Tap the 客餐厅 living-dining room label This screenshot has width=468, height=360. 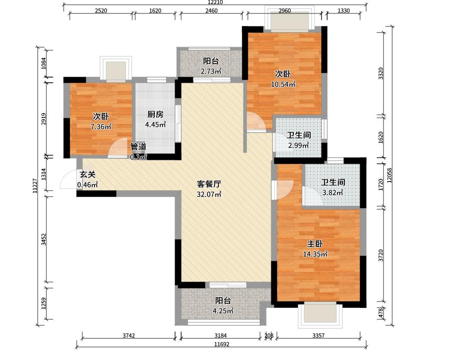click(209, 184)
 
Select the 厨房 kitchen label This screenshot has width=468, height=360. click(155, 114)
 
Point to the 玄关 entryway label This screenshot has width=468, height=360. click(87, 175)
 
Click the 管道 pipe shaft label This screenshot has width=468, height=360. click(139, 146)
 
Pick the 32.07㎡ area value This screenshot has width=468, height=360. click(209, 195)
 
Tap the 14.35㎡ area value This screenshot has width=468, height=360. click(315, 254)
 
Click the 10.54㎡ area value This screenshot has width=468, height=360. click(283, 84)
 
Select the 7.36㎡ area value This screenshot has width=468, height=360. click(101, 127)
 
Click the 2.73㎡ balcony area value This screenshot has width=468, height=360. click(211, 71)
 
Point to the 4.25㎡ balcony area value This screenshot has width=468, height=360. click(223, 311)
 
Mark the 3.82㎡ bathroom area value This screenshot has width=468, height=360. click(332, 193)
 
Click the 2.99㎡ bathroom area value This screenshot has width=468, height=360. click(299, 145)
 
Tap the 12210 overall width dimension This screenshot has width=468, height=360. click(215, 3)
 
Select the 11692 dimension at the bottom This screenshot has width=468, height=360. click(221, 344)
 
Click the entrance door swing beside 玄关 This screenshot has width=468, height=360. click(68, 181)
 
